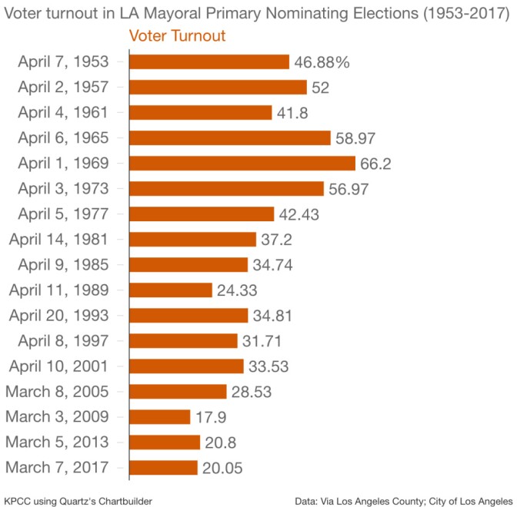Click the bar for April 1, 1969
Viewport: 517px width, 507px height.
[242, 163]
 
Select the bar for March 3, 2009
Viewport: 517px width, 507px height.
[159, 416]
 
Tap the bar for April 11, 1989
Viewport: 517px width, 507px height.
[170, 290]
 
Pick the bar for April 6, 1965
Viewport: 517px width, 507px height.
[230, 138]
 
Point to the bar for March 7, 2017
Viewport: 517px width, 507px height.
[163, 467]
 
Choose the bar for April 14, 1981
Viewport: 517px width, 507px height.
[192, 239]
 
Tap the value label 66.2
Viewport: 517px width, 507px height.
[375, 164]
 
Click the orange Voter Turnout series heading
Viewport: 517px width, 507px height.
[177, 36]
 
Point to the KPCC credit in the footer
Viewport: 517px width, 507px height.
[18, 500]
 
